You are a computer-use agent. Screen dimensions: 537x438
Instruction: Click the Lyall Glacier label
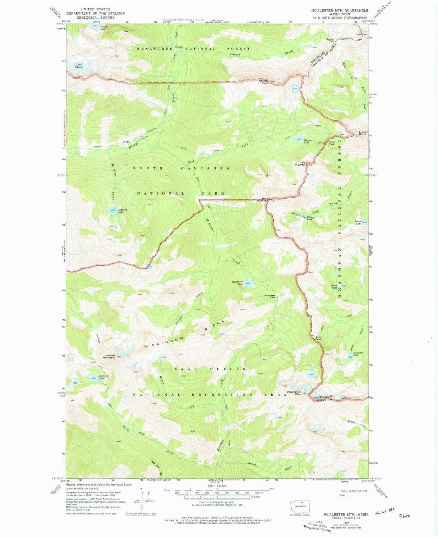(x=79, y=66)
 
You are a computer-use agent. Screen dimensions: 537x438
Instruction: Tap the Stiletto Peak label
(x=264, y=82)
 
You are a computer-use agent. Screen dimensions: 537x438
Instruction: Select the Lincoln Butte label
(x=360, y=133)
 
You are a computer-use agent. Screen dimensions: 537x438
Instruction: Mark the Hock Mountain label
(x=265, y=200)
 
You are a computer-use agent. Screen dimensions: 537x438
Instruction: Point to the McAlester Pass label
(x=270, y=296)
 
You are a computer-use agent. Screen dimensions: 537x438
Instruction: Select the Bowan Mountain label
(x=109, y=357)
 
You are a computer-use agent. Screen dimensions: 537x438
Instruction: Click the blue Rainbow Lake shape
(x=93, y=378)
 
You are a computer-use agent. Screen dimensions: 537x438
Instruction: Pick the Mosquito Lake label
(x=358, y=353)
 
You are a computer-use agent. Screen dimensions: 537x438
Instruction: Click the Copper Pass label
(x=330, y=40)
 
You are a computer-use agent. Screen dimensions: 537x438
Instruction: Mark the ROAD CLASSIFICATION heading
(x=351, y=490)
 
